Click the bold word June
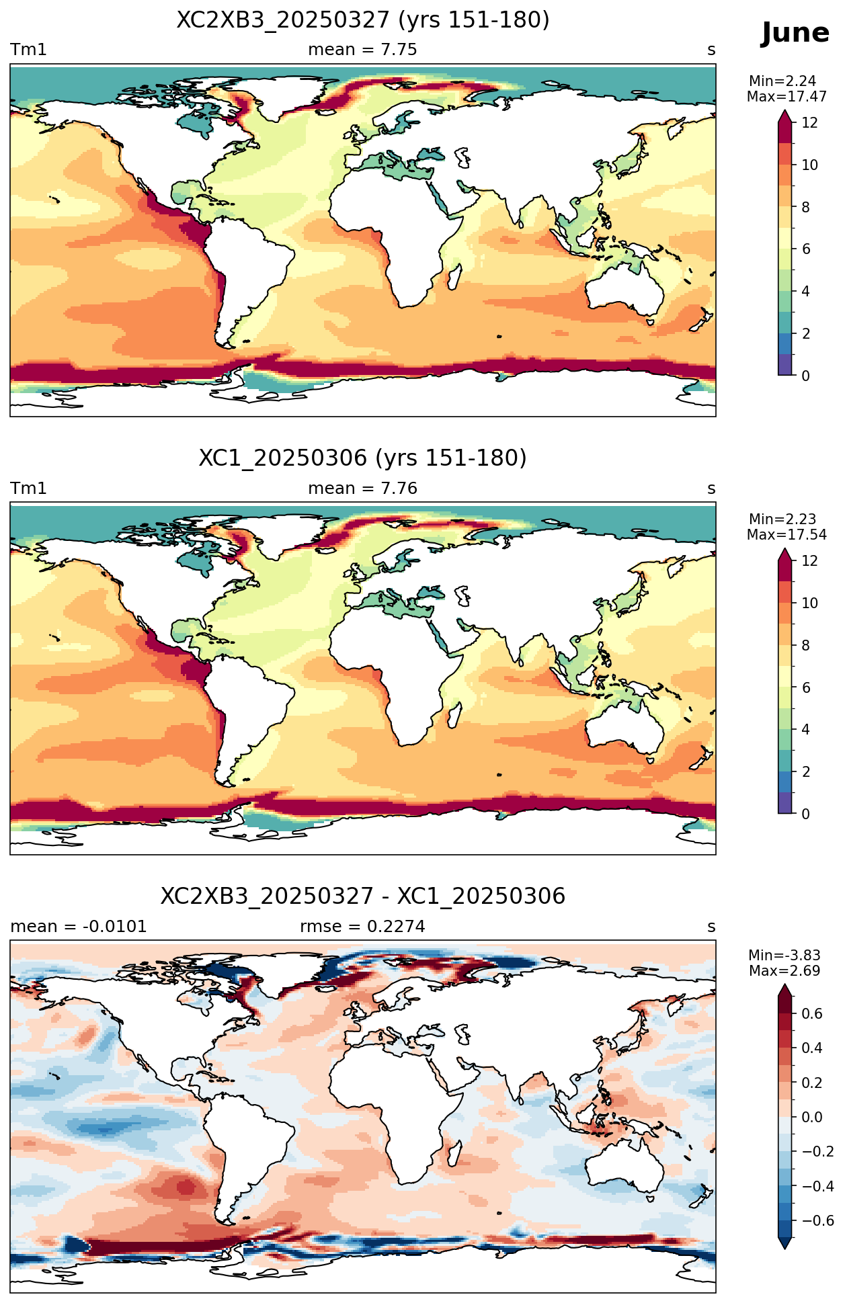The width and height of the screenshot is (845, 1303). (x=795, y=33)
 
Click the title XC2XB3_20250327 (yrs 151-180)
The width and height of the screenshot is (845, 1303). (x=363, y=20)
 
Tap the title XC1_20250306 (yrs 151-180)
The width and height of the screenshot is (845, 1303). (x=363, y=458)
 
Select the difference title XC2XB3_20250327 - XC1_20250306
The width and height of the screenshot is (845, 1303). (x=363, y=896)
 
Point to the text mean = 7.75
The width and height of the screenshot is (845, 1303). (x=363, y=50)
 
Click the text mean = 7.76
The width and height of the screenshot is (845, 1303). (x=363, y=489)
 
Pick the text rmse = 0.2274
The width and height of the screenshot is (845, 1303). (x=363, y=927)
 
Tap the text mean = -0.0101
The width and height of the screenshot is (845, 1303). (x=79, y=927)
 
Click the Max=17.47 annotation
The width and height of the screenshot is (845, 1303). (x=787, y=97)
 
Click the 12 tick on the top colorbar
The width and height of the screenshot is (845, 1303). (x=809, y=122)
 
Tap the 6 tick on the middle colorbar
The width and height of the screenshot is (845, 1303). (x=806, y=687)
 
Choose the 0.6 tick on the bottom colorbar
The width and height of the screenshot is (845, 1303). (x=812, y=1013)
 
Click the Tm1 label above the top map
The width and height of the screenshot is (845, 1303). (x=28, y=50)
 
